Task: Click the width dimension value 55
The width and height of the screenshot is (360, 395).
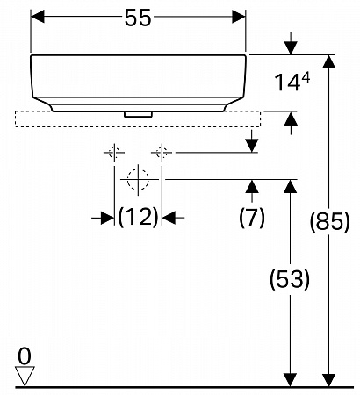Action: (138, 18)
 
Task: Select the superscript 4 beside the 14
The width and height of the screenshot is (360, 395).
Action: (306, 78)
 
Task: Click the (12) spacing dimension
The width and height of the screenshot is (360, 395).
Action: (138, 218)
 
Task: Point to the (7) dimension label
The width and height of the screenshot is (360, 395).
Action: (252, 218)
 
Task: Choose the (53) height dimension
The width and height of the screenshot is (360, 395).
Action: (290, 280)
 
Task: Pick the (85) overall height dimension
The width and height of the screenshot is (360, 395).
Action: (329, 221)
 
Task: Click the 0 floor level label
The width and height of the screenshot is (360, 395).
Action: (25, 356)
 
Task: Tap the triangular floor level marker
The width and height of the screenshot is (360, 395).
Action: (25, 376)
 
